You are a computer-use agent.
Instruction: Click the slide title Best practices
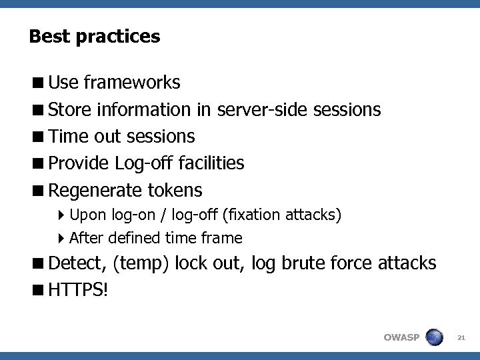[x=95, y=36]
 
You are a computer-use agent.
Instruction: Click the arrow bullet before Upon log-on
[x=61, y=215]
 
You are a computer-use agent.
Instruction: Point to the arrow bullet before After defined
[x=61, y=238]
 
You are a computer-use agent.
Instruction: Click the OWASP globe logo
[x=434, y=337]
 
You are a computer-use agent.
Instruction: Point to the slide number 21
[x=461, y=338]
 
